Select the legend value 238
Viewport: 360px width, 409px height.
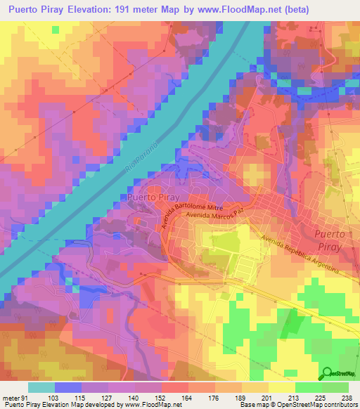pyautogui.click(x=347, y=397)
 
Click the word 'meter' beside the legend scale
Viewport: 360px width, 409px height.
pyautogui.click(x=9, y=397)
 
